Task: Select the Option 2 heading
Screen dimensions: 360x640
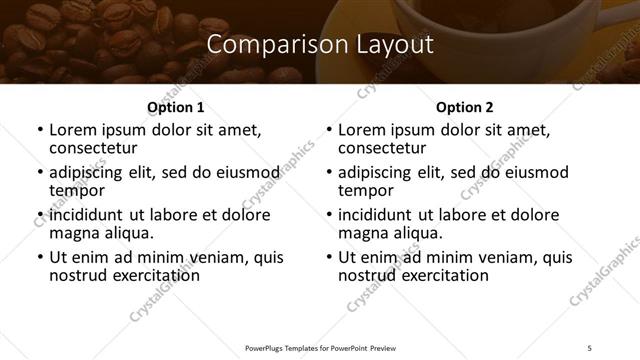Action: (x=464, y=107)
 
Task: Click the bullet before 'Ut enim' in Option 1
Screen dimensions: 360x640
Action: (x=40, y=257)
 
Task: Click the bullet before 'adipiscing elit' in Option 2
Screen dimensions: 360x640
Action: (x=329, y=172)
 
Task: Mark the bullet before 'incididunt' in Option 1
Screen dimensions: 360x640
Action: (x=40, y=215)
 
